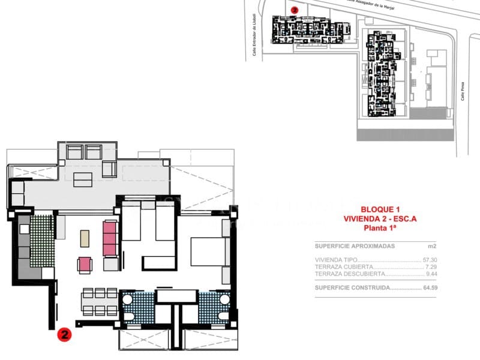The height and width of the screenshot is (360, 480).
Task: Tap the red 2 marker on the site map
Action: point(294,10)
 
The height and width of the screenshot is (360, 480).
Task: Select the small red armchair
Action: point(85,265)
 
